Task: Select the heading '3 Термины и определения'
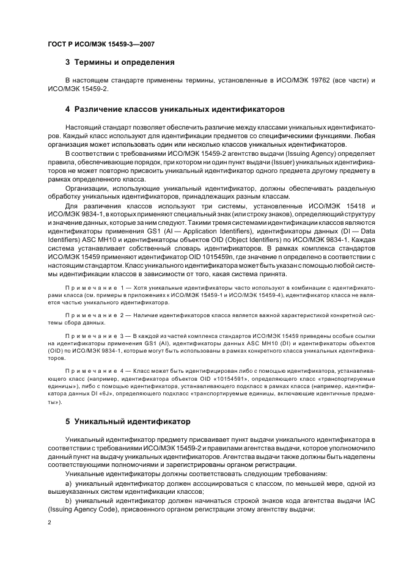pyautogui.click(x=120, y=62)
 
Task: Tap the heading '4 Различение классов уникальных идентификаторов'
pyautogui.click(x=174, y=109)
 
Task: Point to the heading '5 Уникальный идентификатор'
pyautogui.click(x=128, y=421)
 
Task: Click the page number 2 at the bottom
pyautogui.click(x=50, y=522)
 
